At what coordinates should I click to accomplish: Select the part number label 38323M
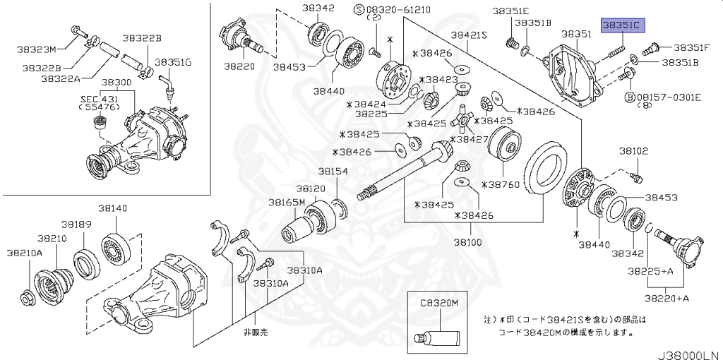[36, 49]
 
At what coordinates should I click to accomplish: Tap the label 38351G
[173, 62]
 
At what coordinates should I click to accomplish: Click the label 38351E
[510, 11]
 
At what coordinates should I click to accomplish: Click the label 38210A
[25, 253]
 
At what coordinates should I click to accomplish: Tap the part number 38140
[112, 208]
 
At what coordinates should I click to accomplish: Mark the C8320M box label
[439, 302]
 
